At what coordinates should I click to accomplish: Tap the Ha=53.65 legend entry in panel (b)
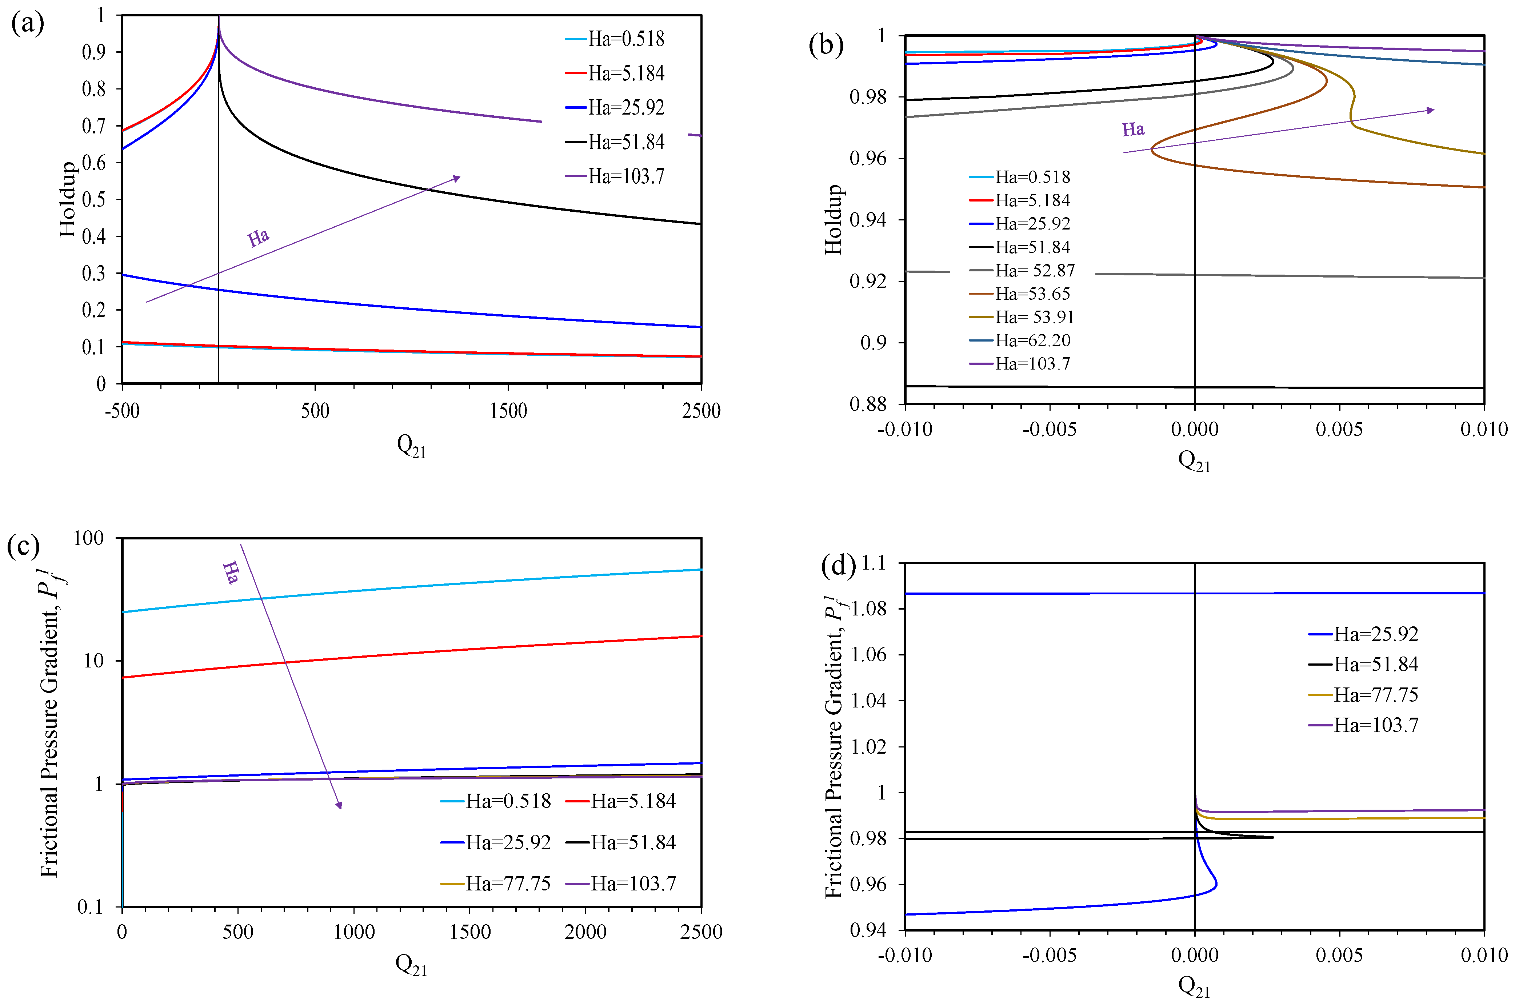coord(1032,294)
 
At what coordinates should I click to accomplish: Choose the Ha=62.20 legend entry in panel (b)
coord(1032,340)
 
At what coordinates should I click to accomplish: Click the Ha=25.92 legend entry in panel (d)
coord(1375,634)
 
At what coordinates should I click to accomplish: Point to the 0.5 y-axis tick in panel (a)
coord(93,199)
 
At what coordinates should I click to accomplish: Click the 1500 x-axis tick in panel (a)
coord(508,411)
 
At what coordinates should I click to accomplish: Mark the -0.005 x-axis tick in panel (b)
coord(1049,430)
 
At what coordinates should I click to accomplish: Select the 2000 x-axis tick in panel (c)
coord(585,932)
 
